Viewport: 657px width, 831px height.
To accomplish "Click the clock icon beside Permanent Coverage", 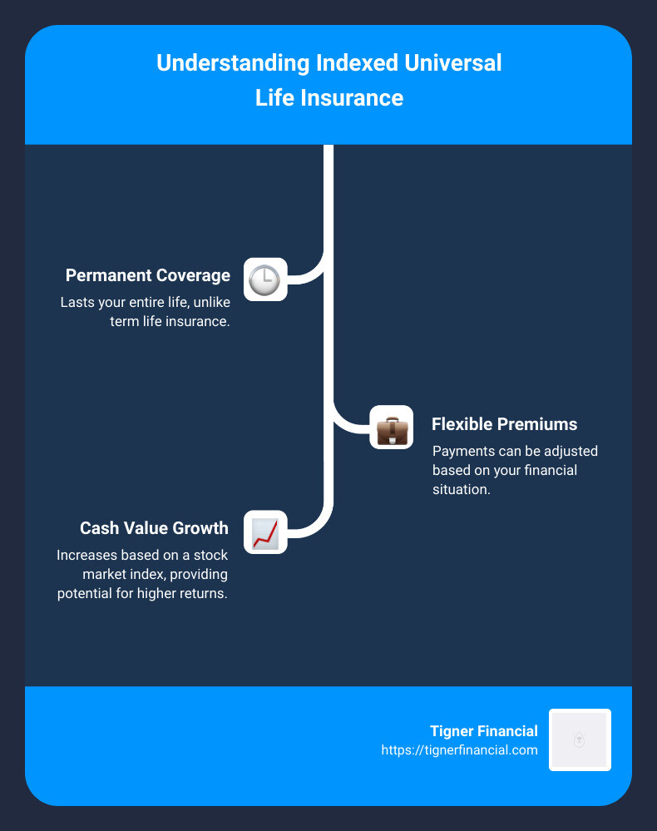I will tap(265, 279).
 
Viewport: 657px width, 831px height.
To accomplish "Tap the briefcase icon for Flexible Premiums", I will tap(392, 428).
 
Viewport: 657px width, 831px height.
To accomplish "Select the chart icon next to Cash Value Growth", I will tap(265, 532).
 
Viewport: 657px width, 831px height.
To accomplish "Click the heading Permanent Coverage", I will tap(147, 275).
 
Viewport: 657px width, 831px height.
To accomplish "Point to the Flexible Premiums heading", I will tap(504, 424).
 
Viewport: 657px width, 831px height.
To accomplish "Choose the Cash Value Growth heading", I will tap(154, 528).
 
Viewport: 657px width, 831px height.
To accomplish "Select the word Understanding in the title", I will tap(217, 63).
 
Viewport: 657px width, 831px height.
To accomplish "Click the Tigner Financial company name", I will tap(484, 731).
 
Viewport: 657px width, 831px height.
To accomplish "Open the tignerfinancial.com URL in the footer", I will tap(459, 749).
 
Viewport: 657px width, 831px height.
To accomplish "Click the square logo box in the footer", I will tap(580, 739).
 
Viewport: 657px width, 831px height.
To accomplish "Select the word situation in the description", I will tap(461, 489).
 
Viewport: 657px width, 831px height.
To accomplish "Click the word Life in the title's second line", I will tap(273, 98).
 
